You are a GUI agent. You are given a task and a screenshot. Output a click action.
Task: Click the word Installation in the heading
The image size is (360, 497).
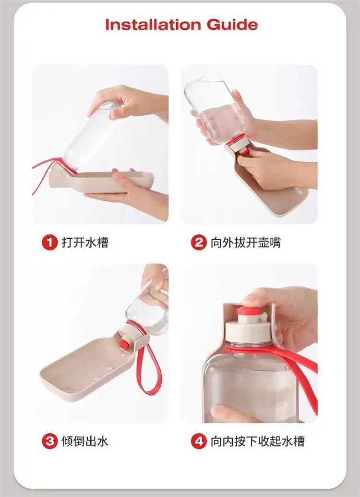pos(153,24)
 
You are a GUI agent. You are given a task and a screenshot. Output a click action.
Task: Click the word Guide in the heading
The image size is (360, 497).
pos(232,24)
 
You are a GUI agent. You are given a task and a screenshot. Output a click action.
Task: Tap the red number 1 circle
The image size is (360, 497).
pos(50,242)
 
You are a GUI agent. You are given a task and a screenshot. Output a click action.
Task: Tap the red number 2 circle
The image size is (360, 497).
pos(199,242)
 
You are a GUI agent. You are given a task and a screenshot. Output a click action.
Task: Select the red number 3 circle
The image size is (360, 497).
pos(50,441)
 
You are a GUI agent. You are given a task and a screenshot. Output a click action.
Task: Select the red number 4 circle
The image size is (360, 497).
pos(199,441)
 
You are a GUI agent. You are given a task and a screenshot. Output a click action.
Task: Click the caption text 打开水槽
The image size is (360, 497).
pos(85,242)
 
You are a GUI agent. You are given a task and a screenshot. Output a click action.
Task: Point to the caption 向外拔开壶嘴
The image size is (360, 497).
pos(246,242)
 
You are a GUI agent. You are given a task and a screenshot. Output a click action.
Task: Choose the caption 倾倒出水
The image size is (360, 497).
pos(85,441)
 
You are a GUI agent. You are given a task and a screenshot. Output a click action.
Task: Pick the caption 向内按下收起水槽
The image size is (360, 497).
pos(258,441)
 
